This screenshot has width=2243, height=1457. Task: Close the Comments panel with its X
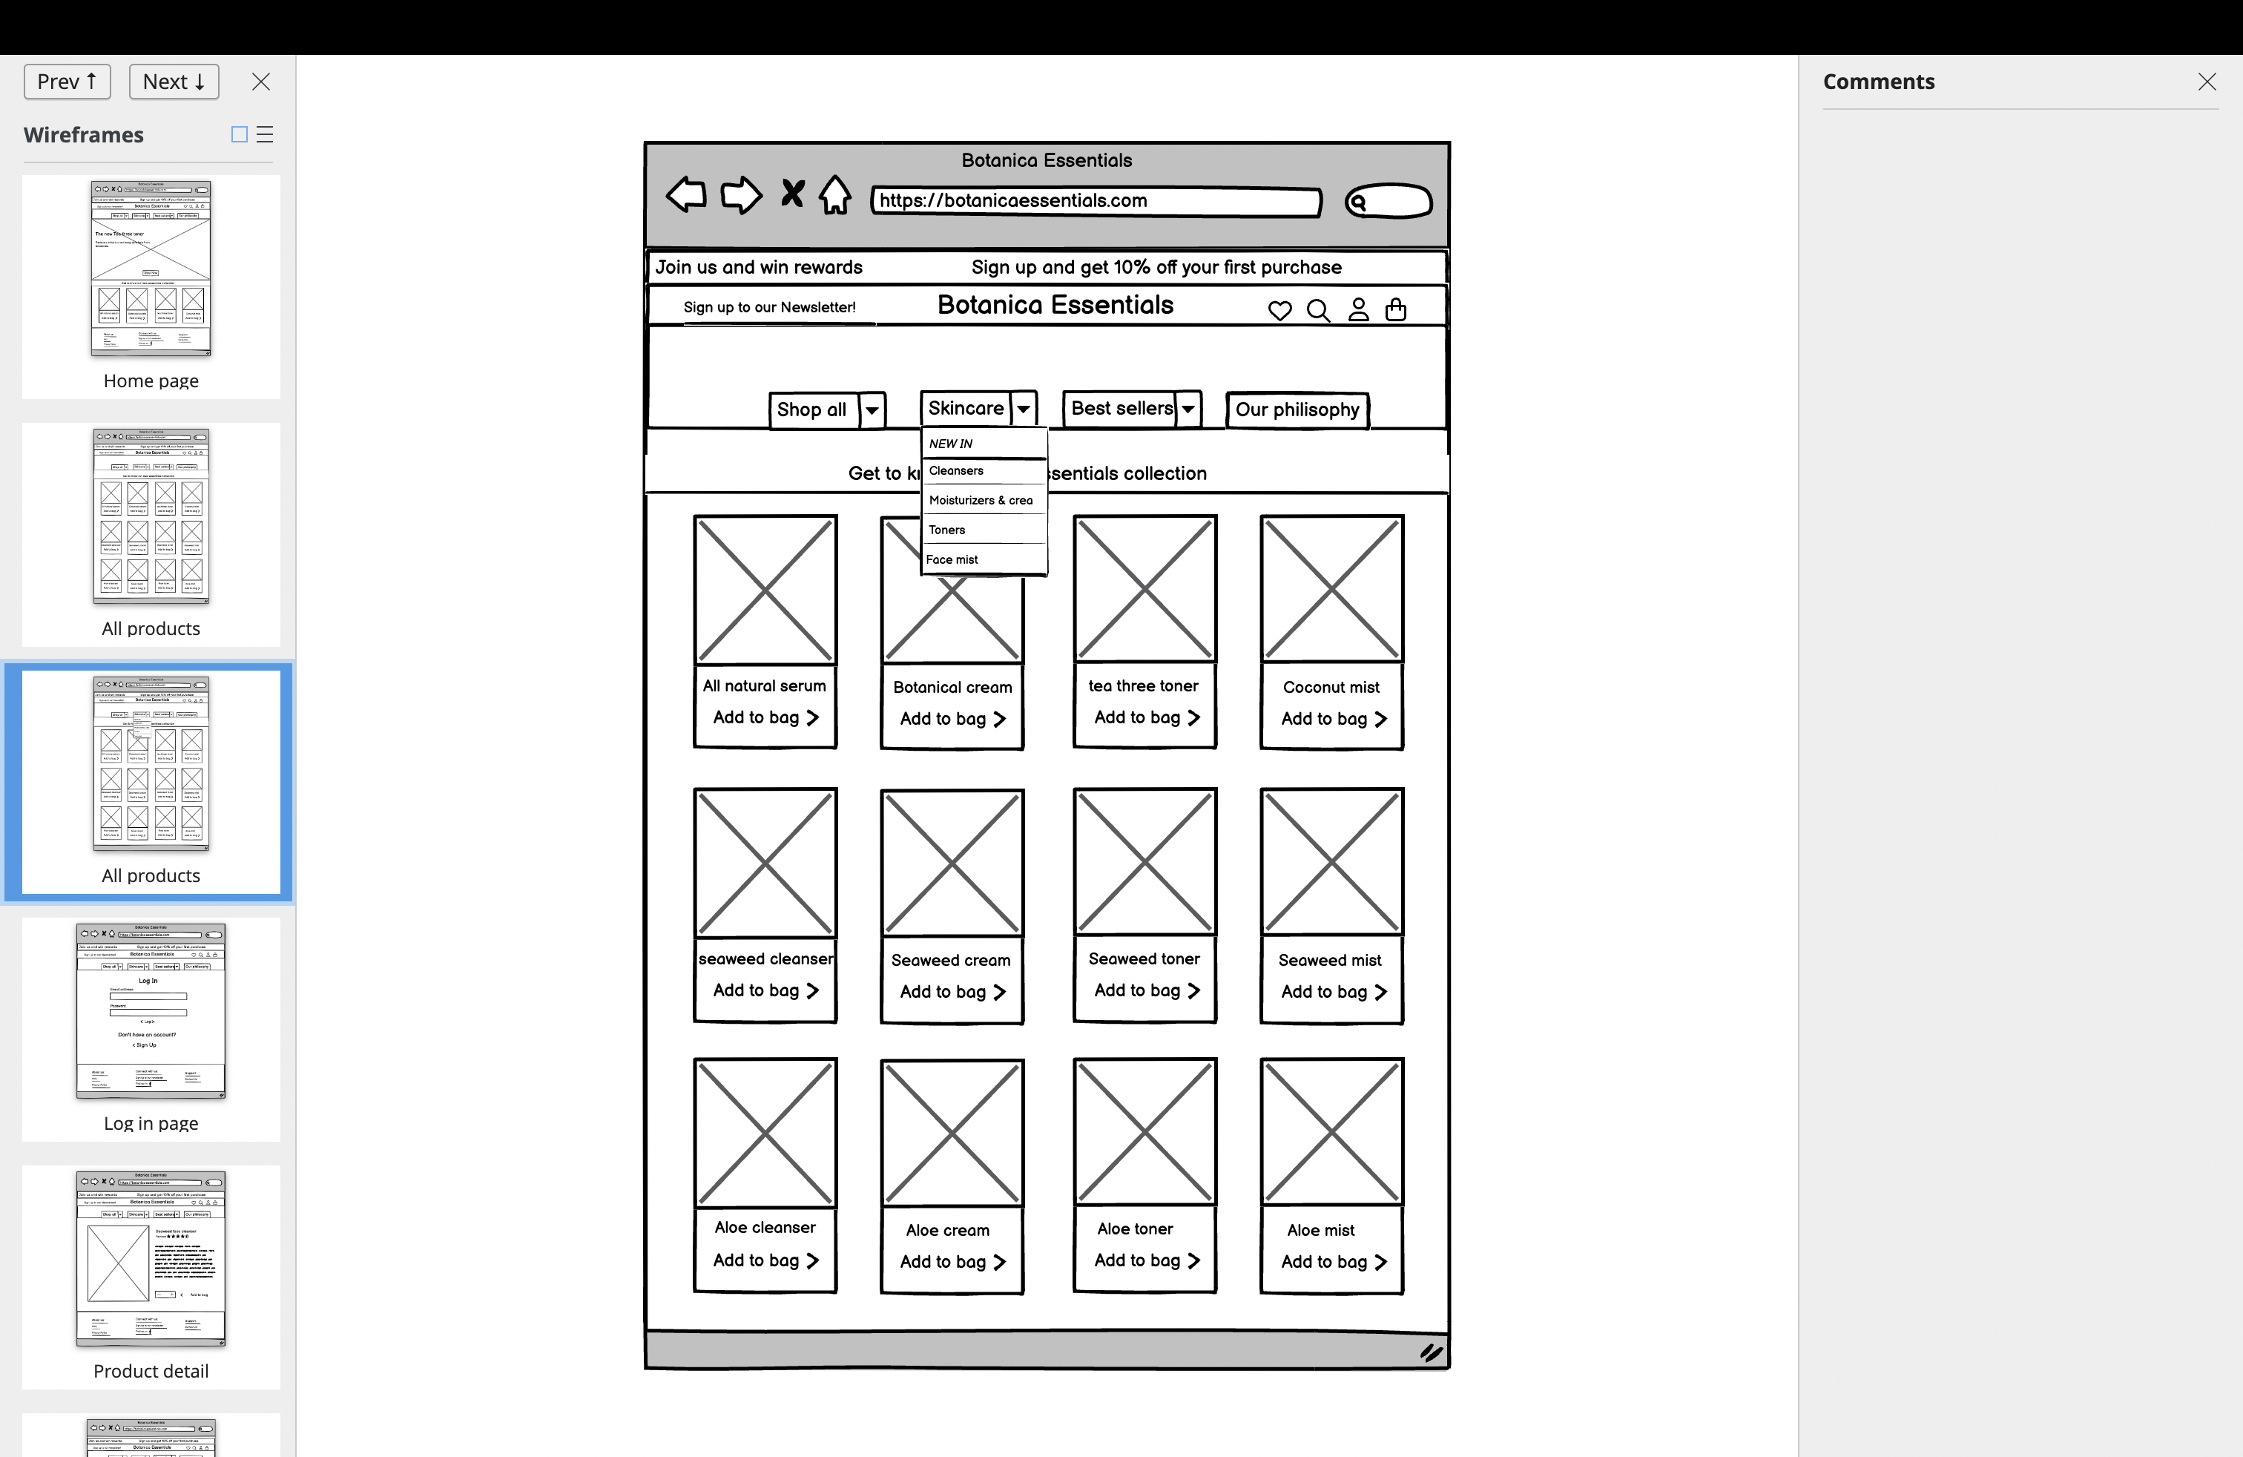(2206, 82)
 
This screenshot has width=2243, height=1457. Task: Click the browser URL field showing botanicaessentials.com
(1095, 201)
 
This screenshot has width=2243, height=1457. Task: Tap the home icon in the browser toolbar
(834, 195)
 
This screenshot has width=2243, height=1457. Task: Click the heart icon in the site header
(1279, 310)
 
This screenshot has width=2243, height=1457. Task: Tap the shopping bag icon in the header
(1396, 309)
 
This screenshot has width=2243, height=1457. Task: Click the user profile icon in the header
(1358, 309)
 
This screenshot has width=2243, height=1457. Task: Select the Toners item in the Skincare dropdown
(947, 530)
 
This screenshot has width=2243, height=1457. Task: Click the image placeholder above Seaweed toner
(1144, 861)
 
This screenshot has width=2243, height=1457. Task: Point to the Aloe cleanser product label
(764, 1227)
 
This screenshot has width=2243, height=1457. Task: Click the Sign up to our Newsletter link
(769, 307)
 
